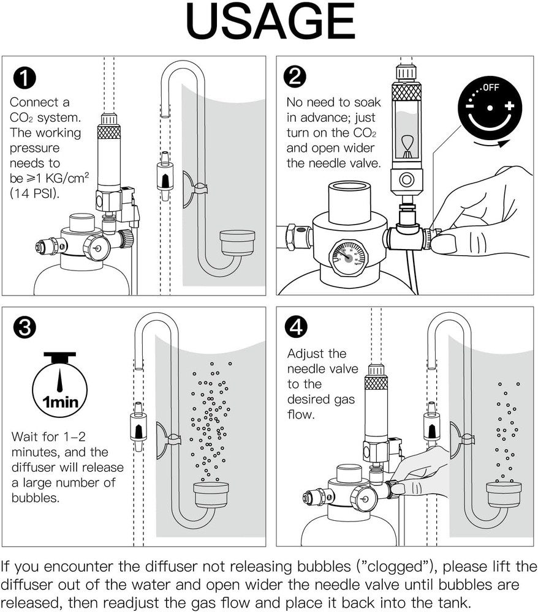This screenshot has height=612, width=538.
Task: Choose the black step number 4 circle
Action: (x=297, y=327)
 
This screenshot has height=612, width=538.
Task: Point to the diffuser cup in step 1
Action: (x=237, y=243)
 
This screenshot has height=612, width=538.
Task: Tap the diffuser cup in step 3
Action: (x=211, y=493)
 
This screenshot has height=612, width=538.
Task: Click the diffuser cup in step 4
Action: (x=504, y=493)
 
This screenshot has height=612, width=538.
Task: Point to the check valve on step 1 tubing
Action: (x=164, y=177)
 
